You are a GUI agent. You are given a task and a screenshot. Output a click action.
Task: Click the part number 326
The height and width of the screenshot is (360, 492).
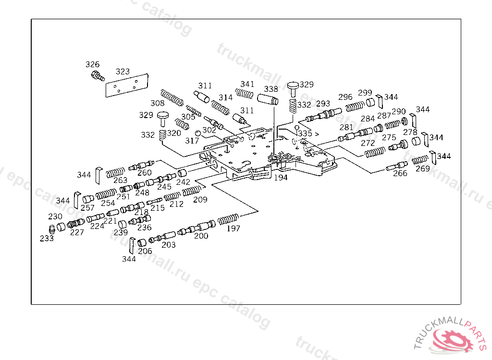click(92, 64)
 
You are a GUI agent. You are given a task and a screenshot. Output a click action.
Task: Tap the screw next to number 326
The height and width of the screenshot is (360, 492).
click(98, 75)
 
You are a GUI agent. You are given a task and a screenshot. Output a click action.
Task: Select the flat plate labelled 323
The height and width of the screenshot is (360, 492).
click(126, 85)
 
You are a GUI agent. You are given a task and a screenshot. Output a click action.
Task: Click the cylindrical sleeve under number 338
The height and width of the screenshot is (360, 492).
click(268, 101)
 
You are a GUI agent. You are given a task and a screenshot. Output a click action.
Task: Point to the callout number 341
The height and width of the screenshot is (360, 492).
click(247, 84)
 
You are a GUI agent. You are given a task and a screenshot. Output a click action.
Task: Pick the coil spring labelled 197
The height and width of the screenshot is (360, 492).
click(228, 220)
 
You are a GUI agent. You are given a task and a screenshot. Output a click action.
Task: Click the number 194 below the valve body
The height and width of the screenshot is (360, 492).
click(281, 178)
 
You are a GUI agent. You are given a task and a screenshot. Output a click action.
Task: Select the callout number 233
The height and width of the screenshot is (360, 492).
click(47, 239)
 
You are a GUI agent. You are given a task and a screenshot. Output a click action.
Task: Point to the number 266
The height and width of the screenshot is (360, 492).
click(400, 173)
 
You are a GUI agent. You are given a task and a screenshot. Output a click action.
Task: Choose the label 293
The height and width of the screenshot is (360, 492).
click(323, 103)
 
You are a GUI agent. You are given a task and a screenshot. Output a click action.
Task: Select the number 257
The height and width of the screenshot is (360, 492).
click(87, 208)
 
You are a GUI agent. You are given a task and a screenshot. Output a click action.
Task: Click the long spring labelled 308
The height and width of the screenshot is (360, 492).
click(172, 97)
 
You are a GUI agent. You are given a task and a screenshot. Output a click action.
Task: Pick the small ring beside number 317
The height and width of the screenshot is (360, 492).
click(197, 133)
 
